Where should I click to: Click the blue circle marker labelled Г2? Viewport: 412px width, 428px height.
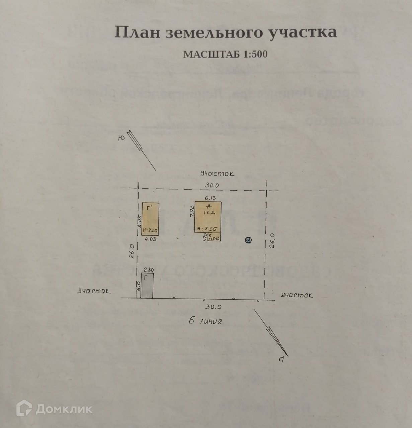coord(248,240)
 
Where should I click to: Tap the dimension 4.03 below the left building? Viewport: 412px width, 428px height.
coord(150,239)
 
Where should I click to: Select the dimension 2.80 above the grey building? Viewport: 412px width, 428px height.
coord(148,270)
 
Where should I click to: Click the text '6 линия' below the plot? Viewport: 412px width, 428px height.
coord(205,321)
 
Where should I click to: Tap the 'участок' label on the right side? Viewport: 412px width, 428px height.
coord(297,296)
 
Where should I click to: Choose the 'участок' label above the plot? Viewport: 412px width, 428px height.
coord(217,174)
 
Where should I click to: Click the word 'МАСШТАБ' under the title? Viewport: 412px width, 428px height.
coord(212,55)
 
